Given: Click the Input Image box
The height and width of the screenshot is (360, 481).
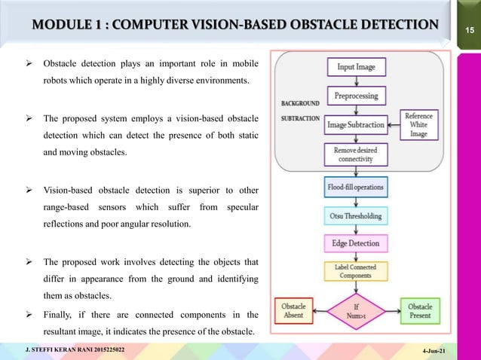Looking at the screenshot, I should (x=356, y=67).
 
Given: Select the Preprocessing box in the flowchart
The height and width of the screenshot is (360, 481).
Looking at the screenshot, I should (x=356, y=96).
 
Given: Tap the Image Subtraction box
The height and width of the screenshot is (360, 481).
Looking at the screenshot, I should (x=356, y=124).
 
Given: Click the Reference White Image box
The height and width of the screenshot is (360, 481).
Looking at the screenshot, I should (x=418, y=124).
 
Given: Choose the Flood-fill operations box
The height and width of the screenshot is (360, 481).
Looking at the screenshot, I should (x=356, y=186).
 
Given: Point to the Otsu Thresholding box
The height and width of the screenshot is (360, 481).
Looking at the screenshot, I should (x=356, y=215).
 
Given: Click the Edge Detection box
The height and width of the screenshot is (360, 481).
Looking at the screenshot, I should (x=356, y=244).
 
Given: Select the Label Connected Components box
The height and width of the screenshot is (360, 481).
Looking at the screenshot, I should (x=356, y=272).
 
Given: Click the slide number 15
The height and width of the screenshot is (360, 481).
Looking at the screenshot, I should (x=467, y=29).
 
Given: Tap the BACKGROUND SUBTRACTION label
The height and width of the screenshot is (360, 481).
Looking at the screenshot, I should (x=300, y=110).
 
